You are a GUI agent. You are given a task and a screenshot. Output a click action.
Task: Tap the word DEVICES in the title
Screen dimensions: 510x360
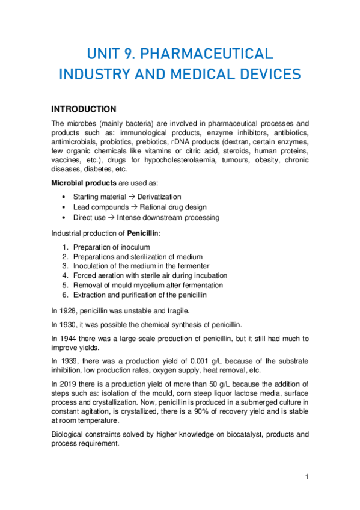266,75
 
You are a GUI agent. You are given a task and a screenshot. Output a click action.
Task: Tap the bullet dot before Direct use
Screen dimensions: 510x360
64,217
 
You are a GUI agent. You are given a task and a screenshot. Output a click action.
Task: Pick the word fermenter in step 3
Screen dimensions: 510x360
192,266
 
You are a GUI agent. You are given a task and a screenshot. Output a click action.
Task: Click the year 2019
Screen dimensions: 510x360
69,384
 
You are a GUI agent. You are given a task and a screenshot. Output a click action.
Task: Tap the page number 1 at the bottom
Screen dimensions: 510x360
307,477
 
